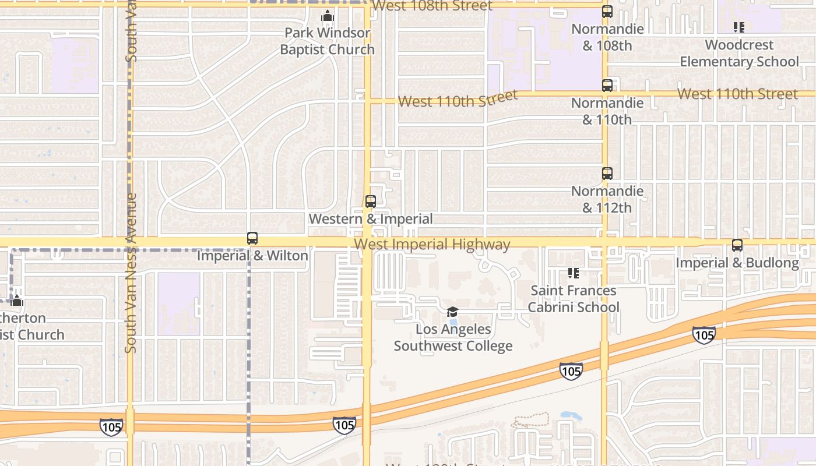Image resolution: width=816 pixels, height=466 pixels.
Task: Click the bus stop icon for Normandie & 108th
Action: pyautogui.click(x=607, y=11)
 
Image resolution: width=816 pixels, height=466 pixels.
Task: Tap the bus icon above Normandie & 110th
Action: pyautogui.click(x=607, y=86)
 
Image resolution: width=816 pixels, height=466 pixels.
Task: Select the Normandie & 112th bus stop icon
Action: pyautogui.click(x=607, y=174)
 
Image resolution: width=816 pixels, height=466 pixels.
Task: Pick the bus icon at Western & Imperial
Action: pyautogui.click(x=371, y=202)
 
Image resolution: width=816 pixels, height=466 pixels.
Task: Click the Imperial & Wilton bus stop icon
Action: pyautogui.click(x=252, y=238)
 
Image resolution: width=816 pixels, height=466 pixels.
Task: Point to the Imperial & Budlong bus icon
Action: pyautogui.click(x=737, y=245)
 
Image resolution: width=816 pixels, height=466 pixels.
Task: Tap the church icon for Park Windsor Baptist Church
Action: pyautogui.click(x=328, y=16)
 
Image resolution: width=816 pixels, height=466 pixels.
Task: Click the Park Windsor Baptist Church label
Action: pyautogui.click(x=327, y=41)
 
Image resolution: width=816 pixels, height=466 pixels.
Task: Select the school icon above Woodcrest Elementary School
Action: pyautogui.click(x=739, y=27)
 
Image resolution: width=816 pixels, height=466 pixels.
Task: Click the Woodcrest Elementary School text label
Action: pyautogui.click(x=739, y=53)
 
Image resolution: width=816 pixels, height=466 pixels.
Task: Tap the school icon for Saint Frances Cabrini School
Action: pyautogui.click(x=574, y=273)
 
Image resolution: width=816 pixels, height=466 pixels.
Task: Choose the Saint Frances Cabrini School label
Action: pyautogui.click(x=574, y=299)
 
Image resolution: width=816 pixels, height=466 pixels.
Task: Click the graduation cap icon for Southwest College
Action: pyautogui.click(x=453, y=312)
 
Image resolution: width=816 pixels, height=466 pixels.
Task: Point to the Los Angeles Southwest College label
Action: pyautogui.click(x=453, y=337)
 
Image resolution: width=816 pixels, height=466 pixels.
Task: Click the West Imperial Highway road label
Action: pyautogui.click(x=432, y=245)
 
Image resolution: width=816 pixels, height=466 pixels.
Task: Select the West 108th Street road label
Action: pyautogui.click(x=432, y=6)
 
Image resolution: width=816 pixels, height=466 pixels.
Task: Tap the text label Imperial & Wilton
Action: pyautogui.click(x=252, y=256)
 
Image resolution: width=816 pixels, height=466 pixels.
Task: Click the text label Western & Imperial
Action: pyautogui.click(x=371, y=219)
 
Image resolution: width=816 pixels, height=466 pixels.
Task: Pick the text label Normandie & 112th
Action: pyautogui.click(x=607, y=199)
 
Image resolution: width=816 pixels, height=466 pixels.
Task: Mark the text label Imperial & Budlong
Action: pyautogui.click(x=737, y=263)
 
